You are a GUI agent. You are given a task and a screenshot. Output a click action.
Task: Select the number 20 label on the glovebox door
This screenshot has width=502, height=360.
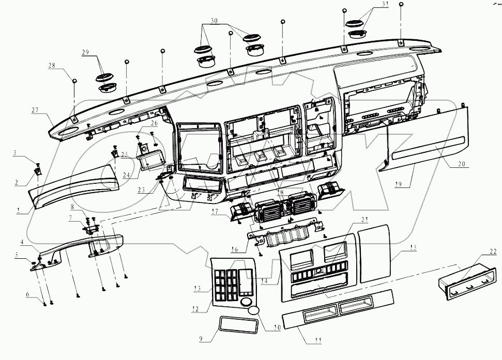(461, 164)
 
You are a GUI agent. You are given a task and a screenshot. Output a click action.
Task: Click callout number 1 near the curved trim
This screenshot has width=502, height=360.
(19, 211)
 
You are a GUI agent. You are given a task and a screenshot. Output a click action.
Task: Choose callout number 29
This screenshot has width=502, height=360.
(85, 52)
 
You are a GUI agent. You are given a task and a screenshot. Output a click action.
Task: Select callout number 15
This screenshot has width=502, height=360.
(413, 247)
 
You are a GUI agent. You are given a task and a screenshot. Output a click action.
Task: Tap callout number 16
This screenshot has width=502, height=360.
(235, 249)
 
